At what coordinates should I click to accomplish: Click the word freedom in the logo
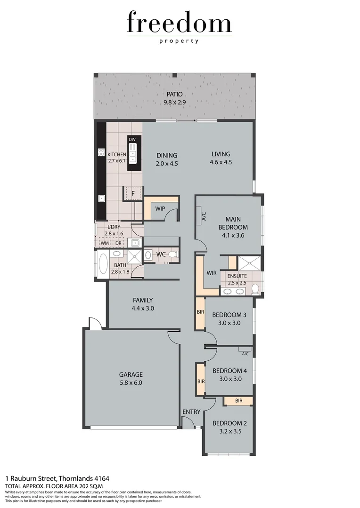coord(179,24)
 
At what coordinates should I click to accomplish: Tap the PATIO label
coord(174,94)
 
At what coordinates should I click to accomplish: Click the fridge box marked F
coord(133,193)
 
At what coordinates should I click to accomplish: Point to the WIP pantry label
coord(160,208)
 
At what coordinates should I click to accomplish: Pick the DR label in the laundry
coord(118,243)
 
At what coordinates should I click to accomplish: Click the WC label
coord(161,254)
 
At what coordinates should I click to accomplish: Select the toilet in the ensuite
coord(255,288)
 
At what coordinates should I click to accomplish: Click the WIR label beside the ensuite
coord(211,273)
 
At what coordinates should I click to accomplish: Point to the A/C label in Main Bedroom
coord(204,216)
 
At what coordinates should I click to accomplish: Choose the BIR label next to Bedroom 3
coord(200,312)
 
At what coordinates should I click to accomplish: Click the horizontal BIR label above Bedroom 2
coord(238,401)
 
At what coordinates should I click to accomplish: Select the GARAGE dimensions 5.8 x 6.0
coord(131,383)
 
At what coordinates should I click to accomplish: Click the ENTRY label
coord(191,412)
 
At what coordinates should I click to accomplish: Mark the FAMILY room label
coord(143,300)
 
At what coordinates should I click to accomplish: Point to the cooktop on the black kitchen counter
coord(101,151)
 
